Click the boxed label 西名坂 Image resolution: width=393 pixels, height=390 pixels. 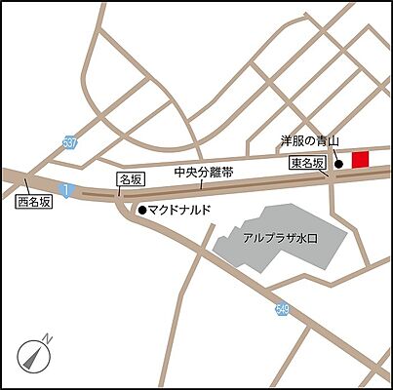[35, 204]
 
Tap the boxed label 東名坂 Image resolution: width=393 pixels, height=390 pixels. [308, 165]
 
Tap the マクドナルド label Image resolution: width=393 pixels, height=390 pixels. [179, 210]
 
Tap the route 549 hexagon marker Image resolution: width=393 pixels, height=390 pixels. [283, 310]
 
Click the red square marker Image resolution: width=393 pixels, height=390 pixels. [361, 160]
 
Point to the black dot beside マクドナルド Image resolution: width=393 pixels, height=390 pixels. [141, 210]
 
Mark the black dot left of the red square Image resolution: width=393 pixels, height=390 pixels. [338, 164]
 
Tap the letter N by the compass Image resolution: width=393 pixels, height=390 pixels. [49, 338]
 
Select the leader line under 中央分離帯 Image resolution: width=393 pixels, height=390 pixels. [200, 183]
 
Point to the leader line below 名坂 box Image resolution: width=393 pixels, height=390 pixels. [121, 191]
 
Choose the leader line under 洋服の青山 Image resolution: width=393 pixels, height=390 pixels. [334, 154]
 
